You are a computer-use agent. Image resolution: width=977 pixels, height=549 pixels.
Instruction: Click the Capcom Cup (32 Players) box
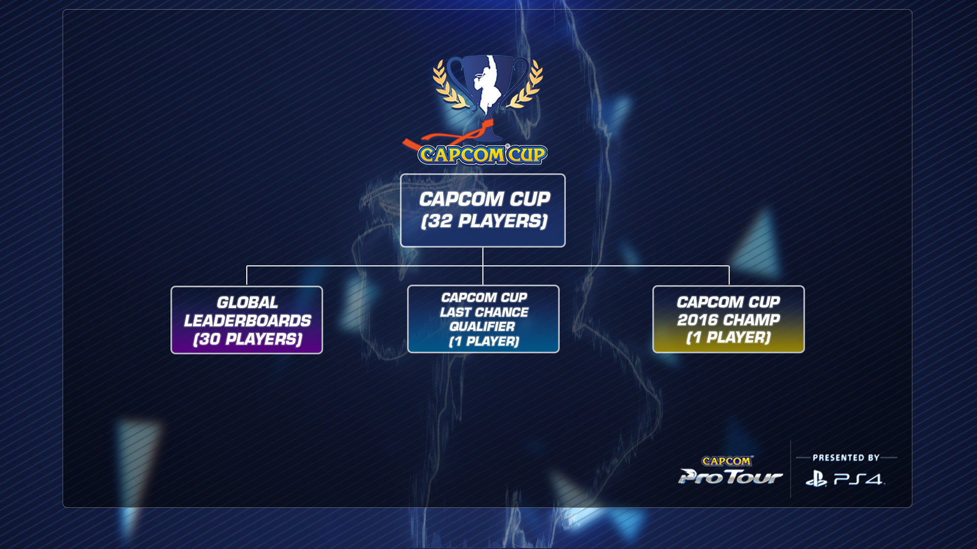(482, 210)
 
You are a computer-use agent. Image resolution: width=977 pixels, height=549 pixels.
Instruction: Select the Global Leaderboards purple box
(247, 320)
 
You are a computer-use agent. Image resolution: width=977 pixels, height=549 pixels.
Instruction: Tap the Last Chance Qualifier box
(483, 319)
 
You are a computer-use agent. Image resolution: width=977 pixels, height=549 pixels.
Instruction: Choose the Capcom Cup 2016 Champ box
(728, 319)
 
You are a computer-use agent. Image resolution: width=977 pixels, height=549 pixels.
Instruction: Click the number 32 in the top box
(440, 222)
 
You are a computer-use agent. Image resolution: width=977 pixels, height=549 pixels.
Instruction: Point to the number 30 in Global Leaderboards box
(209, 339)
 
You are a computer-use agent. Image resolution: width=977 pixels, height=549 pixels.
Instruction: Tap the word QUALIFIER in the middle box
(482, 326)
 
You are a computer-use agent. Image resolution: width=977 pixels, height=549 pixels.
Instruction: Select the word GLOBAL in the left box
(247, 302)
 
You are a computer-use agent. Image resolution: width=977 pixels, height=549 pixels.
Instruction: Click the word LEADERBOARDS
(247, 321)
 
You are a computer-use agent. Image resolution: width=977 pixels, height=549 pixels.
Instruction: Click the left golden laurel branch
(448, 84)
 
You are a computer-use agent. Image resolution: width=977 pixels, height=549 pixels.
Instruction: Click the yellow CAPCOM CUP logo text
(482, 155)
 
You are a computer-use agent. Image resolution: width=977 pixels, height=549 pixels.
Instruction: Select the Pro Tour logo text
(730, 477)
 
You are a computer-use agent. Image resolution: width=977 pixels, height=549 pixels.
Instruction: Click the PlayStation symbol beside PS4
(816, 479)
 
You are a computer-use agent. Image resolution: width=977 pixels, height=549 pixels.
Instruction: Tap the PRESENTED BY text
(846, 457)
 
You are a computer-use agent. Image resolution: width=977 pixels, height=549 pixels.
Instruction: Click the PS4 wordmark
(859, 479)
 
